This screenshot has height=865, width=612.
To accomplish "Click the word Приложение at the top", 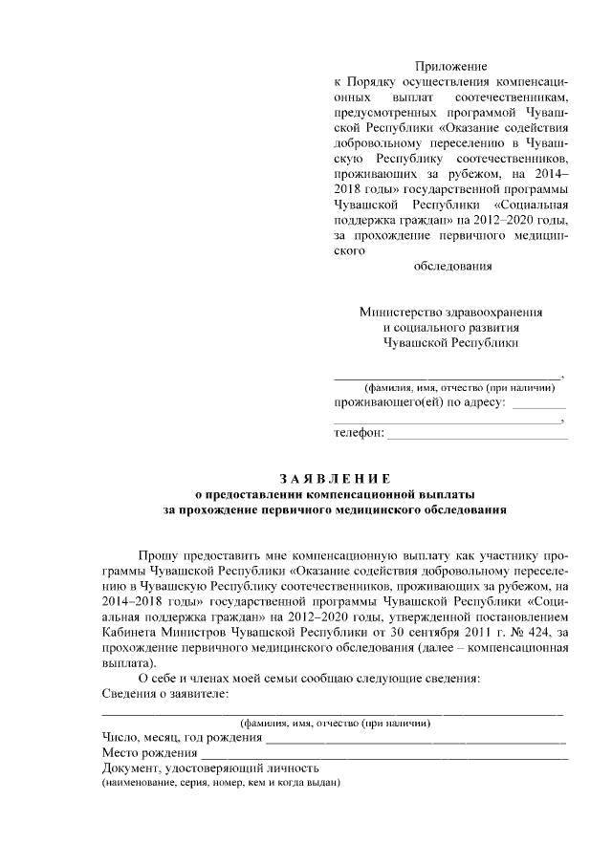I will (450, 67).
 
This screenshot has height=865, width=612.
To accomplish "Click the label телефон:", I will (359, 433).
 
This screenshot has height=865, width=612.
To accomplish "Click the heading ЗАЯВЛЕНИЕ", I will (334, 478).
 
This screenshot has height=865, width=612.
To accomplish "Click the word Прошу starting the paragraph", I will (159, 554).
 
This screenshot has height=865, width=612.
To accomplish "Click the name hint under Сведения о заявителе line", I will (334, 723).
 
